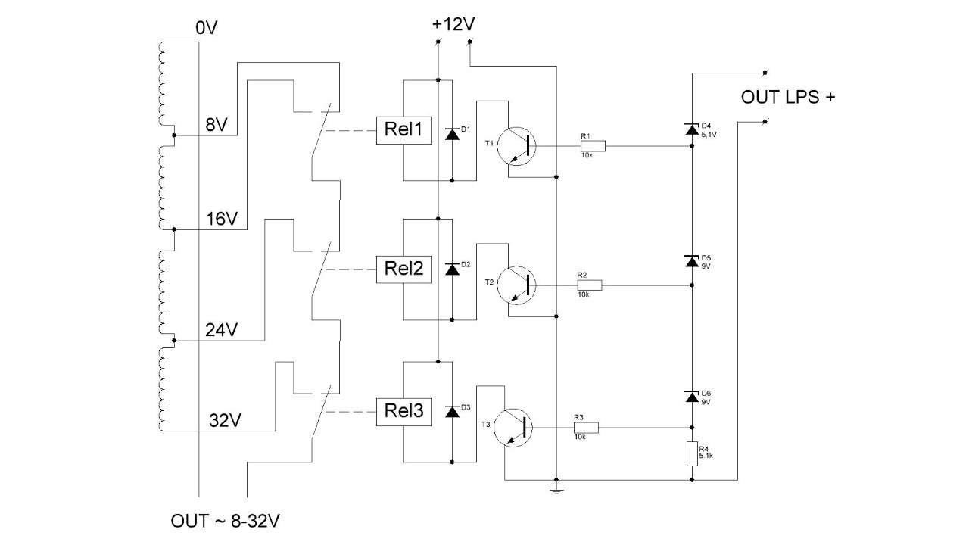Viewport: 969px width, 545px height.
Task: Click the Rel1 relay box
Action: tap(403, 130)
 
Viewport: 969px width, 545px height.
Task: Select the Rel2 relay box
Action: tap(403, 269)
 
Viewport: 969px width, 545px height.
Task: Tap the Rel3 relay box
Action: tap(403, 412)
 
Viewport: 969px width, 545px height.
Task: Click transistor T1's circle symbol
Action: tap(516, 146)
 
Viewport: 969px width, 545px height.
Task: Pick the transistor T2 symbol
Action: tap(516, 285)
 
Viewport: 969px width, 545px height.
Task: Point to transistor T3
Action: tap(513, 428)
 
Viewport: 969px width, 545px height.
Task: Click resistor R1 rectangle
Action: tap(593, 146)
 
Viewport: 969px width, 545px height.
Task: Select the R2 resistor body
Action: tap(590, 285)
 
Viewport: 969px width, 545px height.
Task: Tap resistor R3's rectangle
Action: tap(586, 428)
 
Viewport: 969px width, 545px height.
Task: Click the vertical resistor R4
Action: tap(692, 453)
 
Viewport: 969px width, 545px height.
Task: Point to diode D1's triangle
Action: tap(452, 134)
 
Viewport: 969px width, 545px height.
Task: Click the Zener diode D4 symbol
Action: tap(692, 129)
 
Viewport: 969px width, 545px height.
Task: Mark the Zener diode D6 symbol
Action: tap(692, 396)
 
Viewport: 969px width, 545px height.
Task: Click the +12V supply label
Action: tap(453, 24)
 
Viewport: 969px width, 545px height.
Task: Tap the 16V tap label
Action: tap(222, 220)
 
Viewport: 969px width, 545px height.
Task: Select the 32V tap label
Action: tap(225, 420)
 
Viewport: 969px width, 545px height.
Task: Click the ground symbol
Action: tap(556, 490)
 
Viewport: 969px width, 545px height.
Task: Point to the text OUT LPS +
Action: tap(788, 98)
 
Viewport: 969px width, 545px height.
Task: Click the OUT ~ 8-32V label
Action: tap(225, 522)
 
